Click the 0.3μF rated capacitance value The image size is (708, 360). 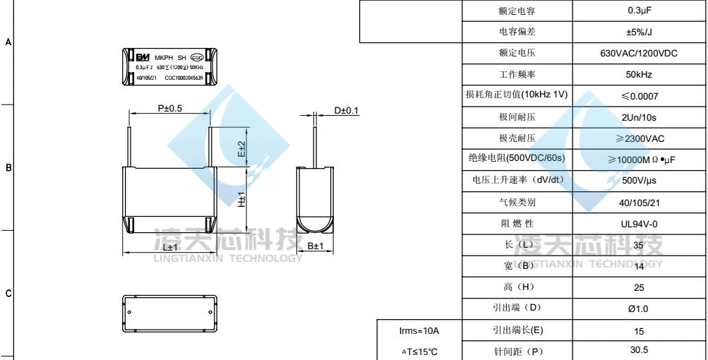(x=639, y=11)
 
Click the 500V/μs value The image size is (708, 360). (x=639, y=181)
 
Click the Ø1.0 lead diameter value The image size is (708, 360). (x=639, y=308)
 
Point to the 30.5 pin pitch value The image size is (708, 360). (x=639, y=350)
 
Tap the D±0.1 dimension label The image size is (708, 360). (x=347, y=110)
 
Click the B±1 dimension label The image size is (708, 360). (x=316, y=246)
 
